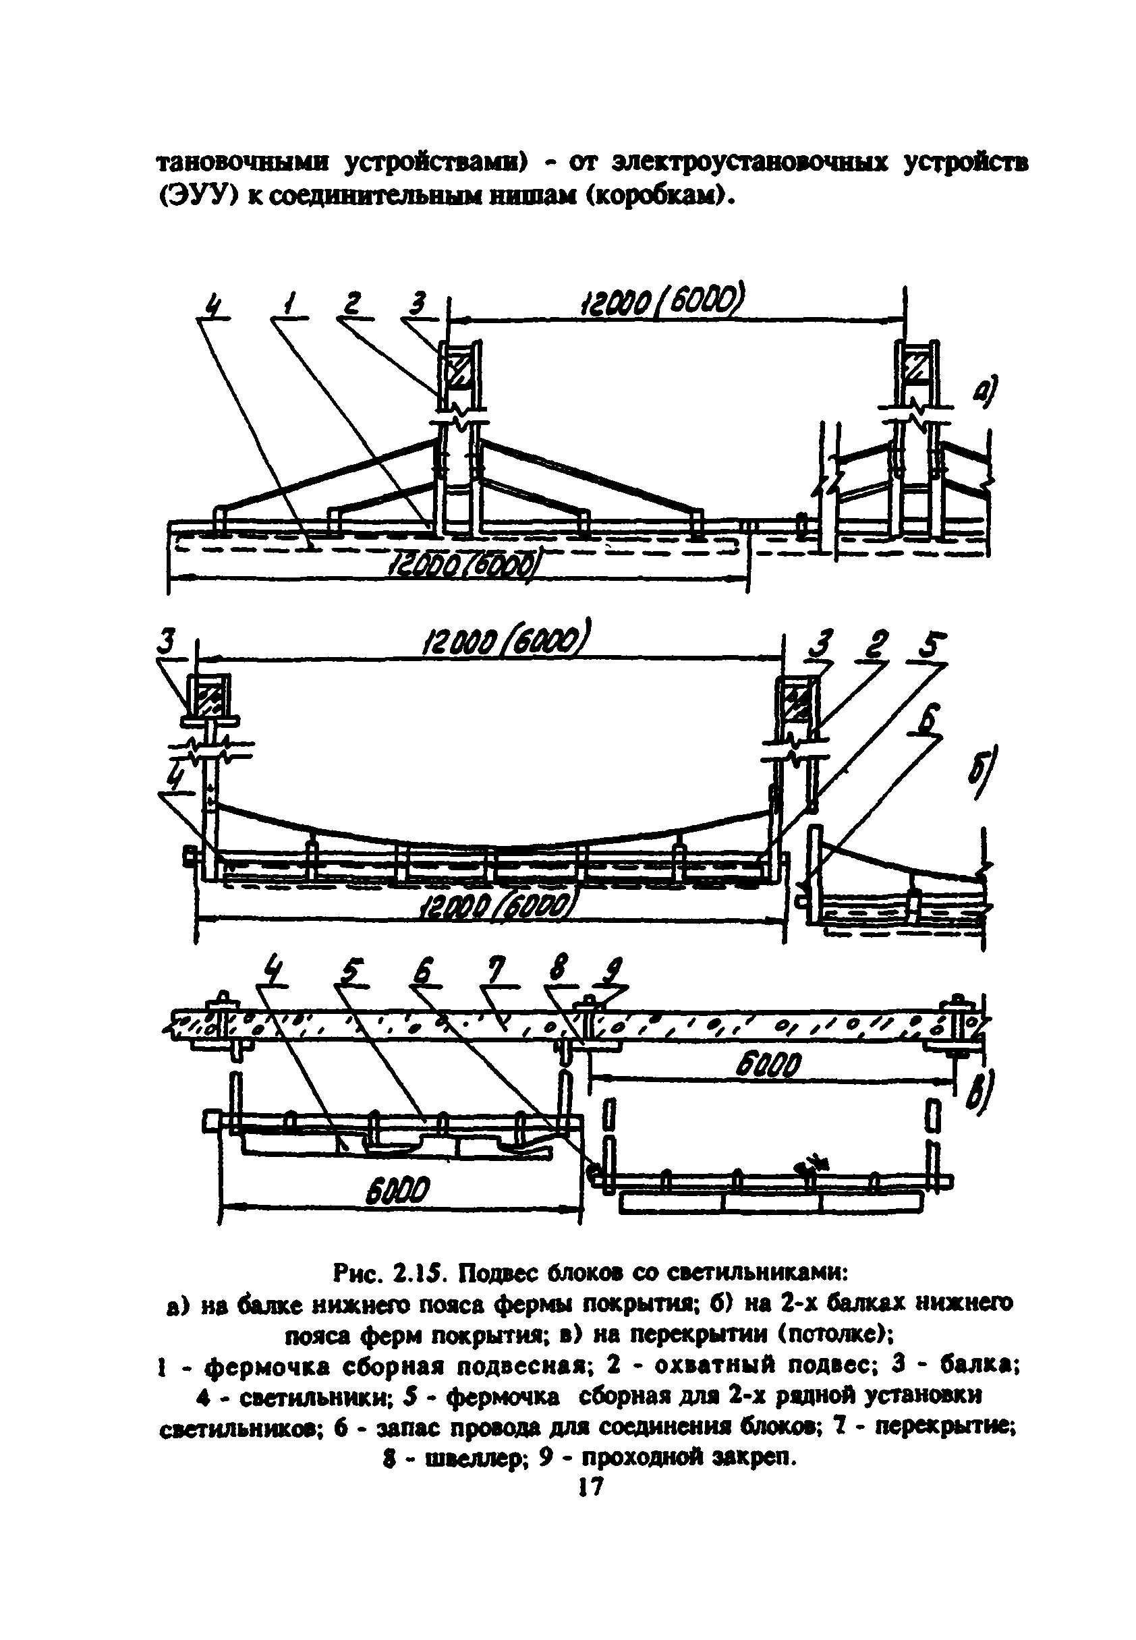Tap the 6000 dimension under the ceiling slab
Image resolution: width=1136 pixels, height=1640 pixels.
(x=769, y=1066)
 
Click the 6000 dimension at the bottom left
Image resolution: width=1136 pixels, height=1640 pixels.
(x=398, y=1191)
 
